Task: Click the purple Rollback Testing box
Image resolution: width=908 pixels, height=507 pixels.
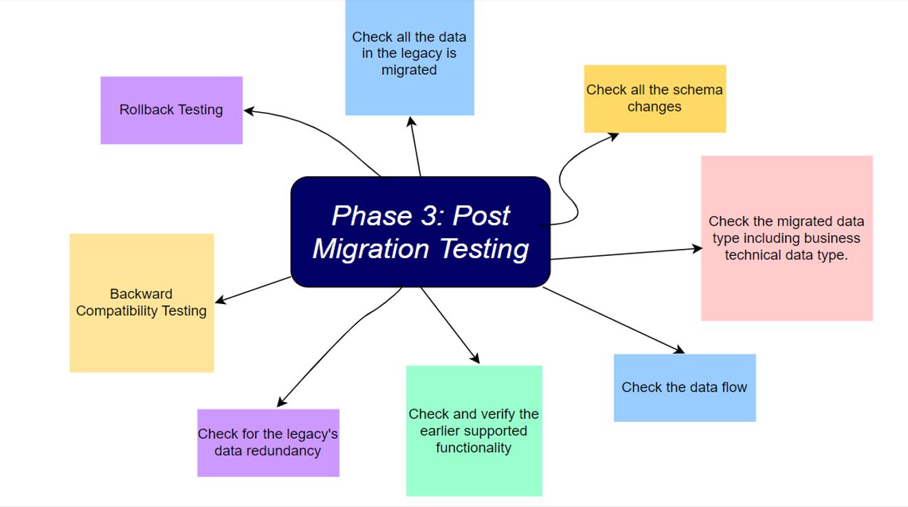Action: (x=171, y=110)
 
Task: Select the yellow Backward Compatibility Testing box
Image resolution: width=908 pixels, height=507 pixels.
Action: (x=142, y=303)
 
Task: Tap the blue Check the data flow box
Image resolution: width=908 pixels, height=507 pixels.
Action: (x=685, y=387)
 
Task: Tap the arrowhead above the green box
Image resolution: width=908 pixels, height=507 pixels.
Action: (x=475, y=358)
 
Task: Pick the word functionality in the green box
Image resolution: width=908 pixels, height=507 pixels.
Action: (x=473, y=448)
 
